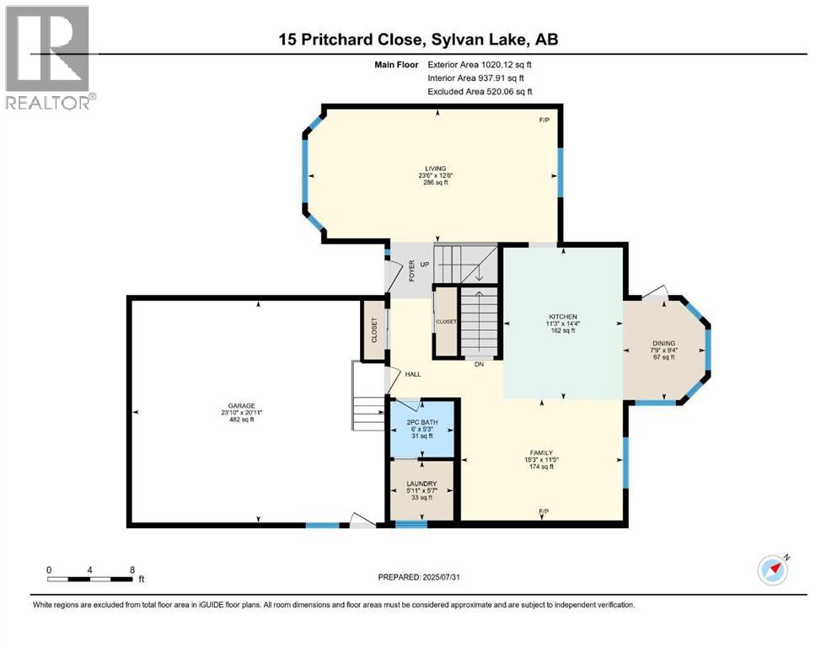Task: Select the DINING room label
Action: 664,343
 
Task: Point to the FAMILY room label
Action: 542,452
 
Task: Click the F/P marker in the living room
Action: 544,120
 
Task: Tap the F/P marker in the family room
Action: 542,512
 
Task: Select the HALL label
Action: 412,374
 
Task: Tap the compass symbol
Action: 772,570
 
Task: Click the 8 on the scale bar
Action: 131,569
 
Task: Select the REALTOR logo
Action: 48,57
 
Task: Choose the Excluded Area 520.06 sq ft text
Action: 480,92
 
